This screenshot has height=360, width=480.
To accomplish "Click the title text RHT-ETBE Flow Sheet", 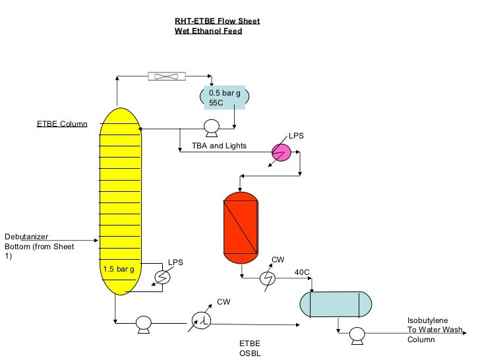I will click(x=217, y=21).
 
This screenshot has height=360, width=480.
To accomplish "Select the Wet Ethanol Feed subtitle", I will click(x=208, y=31).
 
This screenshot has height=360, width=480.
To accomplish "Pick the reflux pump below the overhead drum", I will click(x=212, y=127).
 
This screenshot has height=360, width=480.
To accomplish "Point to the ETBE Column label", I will click(x=61, y=124).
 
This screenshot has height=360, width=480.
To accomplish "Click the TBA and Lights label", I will click(x=219, y=146).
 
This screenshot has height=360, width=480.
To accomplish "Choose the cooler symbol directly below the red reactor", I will click(x=267, y=278).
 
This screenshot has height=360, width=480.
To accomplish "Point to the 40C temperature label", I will click(x=302, y=272).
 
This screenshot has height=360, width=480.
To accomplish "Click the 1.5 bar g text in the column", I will click(x=119, y=269).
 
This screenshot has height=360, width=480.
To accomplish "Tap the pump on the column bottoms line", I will click(x=142, y=323).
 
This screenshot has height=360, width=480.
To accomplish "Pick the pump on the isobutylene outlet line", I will click(x=357, y=333).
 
